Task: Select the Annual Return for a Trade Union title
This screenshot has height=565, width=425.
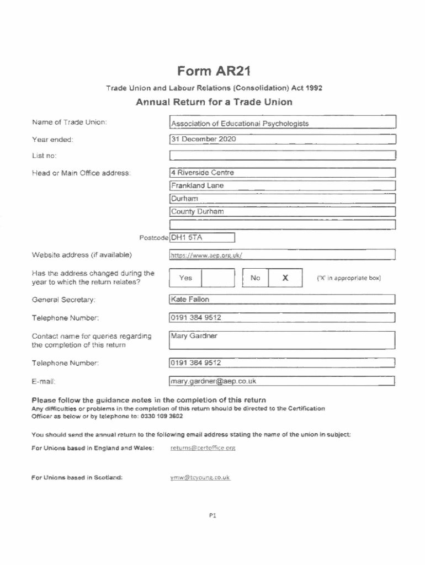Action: coord(214,102)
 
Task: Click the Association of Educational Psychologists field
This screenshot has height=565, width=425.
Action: coord(240,124)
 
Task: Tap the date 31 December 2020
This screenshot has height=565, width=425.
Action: coord(204,139)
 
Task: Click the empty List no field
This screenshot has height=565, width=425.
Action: coord(283,155)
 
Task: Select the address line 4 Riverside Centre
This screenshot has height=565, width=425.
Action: coord(203,173)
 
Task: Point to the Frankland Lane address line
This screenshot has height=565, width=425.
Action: coord(198,186)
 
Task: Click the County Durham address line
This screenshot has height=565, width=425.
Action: coord(197,211)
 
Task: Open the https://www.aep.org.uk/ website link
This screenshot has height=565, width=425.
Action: coord(206,255)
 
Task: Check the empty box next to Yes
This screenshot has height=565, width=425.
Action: coord(218,278)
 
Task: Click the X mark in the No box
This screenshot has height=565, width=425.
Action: coord(285,278)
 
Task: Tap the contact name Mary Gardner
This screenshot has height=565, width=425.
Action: coord(194,335)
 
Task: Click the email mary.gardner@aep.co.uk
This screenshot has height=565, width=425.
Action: coord(214,381)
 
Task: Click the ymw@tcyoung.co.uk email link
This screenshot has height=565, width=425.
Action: coord(200,477)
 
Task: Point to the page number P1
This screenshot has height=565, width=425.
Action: coord(212,516)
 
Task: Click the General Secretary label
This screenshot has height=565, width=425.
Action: coord(63,300)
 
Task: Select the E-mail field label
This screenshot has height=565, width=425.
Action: coord(44,381)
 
